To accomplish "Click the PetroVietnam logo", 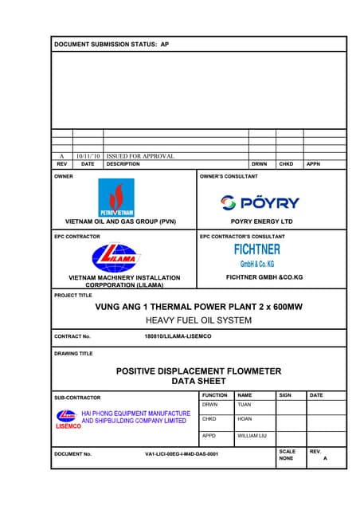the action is (x=115, y=198).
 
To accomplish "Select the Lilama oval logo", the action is (x=115, y=257).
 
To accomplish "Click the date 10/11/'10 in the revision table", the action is (x=87, y=156).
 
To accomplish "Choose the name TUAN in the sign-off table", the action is (x=245, y=405).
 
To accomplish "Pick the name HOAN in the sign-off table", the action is (x=245, y=418).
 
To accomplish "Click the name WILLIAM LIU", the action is (x=252, y=437).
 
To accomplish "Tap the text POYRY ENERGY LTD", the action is (x=261, y=221).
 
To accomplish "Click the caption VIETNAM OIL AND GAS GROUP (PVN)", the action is (x=120, y=221).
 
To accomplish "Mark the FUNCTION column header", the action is (x=215, y=394).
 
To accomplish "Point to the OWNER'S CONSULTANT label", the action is (x=229, y=175).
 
